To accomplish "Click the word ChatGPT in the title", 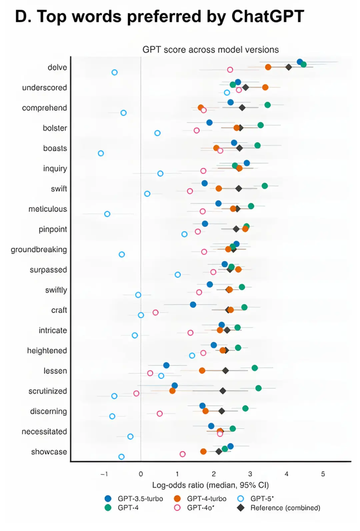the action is point(268,17).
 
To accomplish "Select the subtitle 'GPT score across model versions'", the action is point(210,50).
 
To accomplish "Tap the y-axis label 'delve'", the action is point(57,68).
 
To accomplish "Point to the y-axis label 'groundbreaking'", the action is point(39,249).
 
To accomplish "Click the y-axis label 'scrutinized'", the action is point(48,391).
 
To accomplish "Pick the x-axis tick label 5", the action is point(323,474).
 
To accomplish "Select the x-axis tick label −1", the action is point(104,474).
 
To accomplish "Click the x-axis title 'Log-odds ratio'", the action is point(178,485).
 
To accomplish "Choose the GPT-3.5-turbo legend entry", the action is point(134,499).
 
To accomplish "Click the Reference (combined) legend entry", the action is point(279,508).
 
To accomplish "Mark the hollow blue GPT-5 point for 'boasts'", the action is point(101,153).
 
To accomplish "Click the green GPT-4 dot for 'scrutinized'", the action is point(258,388).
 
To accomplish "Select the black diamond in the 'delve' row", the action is point(288,67).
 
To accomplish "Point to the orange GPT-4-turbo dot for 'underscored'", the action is point(265,87).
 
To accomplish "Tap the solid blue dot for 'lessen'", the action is point(166,365).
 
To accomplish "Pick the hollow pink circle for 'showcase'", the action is point(182,454).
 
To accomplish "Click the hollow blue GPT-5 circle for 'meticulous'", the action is point(107,214).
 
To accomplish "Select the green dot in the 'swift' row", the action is point(265,186).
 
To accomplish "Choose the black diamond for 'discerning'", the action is point(221,411).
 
